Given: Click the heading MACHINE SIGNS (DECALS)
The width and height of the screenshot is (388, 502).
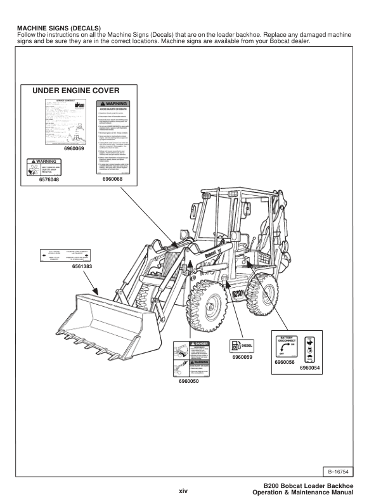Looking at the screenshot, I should pyautogui.click(x=56, y=29).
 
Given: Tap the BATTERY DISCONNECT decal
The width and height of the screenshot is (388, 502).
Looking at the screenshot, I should pyautogui.click(x=287, y=345).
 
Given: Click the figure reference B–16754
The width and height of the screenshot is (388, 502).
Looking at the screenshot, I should pyautogui.click(x=349, y=472).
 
